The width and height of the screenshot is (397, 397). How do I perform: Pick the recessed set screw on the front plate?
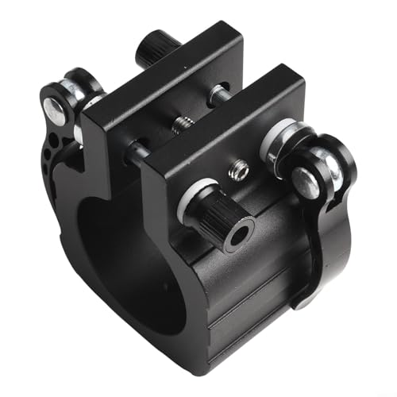pyautogui.click(x=235, y=169)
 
